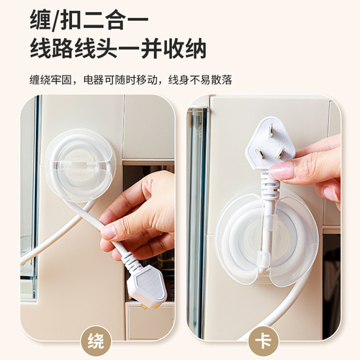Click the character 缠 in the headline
(x=43, y=19)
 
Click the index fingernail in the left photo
(x=109, y=232)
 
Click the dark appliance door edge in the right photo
(x=195, y=216)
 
